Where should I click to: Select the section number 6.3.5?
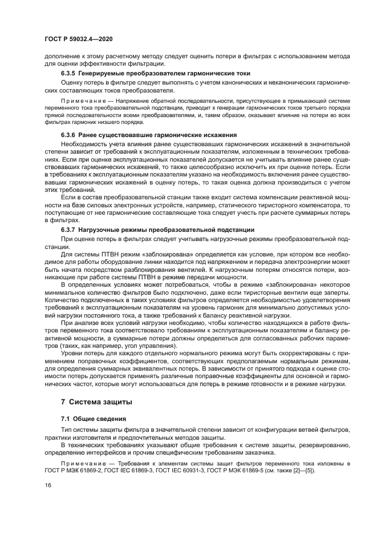(x=70, y=74)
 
